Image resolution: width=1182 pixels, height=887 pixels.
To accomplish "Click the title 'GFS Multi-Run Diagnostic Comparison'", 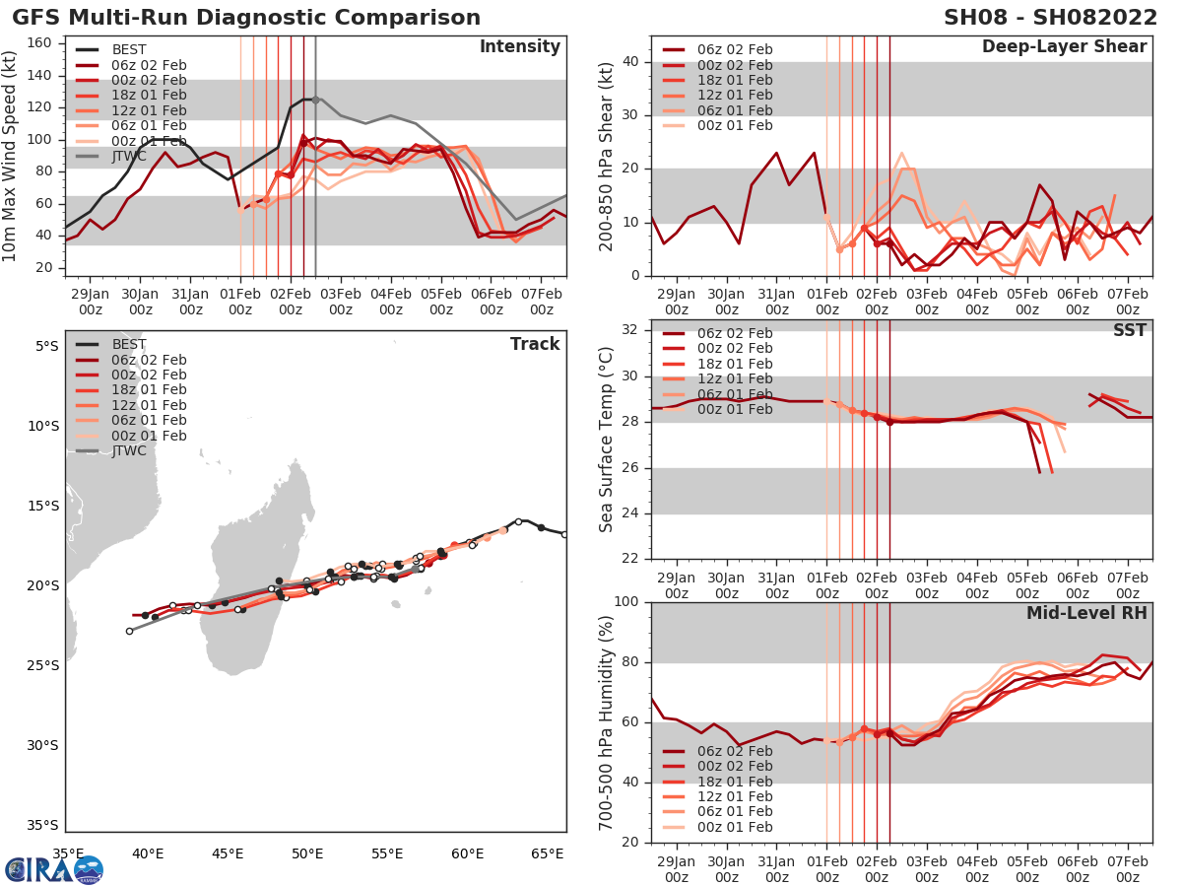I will [x=246, y=18].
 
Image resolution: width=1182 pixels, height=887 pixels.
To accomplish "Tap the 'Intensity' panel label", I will [x=519, y=47].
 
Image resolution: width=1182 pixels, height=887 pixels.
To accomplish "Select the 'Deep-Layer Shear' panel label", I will [x=1064, y=47].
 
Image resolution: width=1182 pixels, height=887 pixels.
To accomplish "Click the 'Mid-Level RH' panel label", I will [x=1086, y=613].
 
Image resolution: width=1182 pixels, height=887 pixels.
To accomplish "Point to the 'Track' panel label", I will [x=534, y=344].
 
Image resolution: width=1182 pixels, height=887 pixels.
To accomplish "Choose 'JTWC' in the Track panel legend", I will [x=129, y=450].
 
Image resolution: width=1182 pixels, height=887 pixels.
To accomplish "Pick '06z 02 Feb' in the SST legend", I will [x=734, y=333].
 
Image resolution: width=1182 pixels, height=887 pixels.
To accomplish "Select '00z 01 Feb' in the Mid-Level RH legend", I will [x=734, y=827].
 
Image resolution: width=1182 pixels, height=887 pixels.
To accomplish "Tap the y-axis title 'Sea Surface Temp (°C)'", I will [x=607, y=439].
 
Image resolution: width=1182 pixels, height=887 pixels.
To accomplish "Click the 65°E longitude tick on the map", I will [x=550, y=853].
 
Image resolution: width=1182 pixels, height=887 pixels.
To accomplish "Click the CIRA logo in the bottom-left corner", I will [x=53, y=870].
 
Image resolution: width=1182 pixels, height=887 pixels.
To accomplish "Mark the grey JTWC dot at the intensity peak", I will [x=315, y=100].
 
